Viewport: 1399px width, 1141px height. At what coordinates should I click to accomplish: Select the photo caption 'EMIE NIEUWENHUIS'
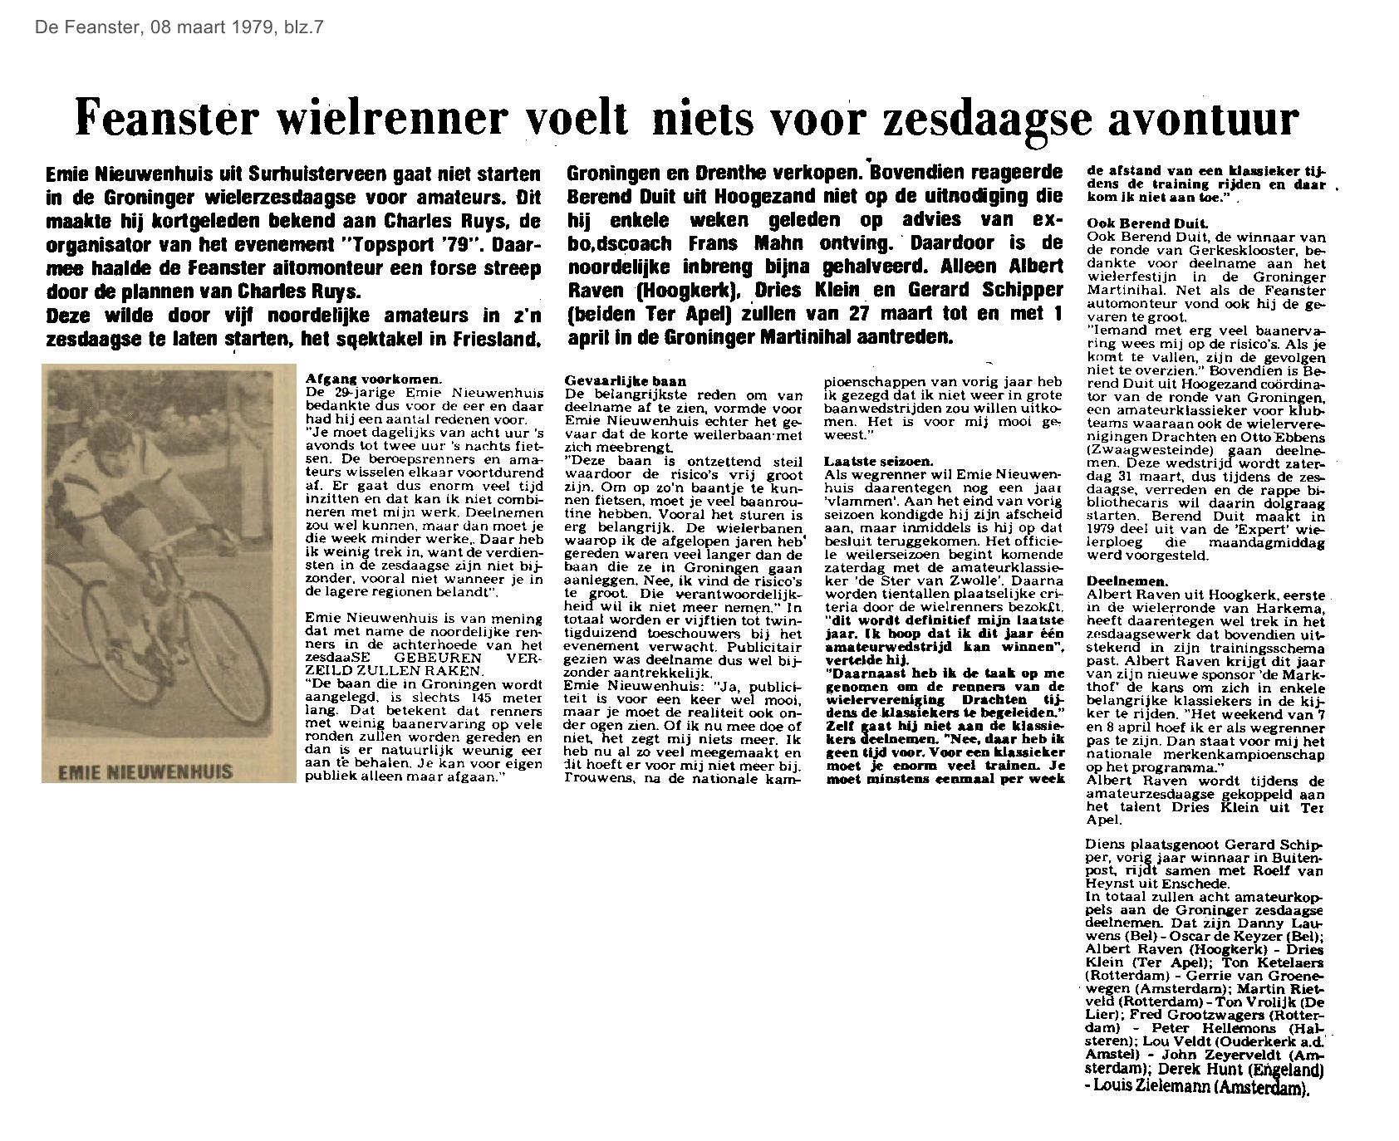[x=145, y=771]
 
